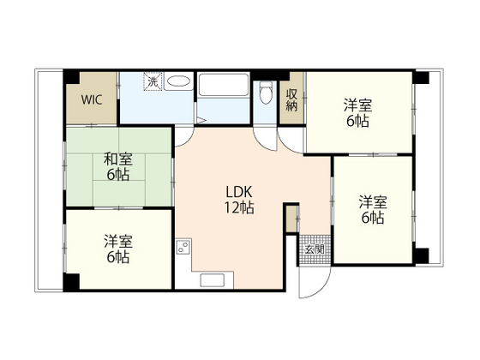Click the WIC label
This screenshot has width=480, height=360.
click(x=92, y=99)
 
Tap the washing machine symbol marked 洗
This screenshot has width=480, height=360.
click(x=152, y=83)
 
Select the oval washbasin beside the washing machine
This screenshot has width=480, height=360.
click(x=178, y=83)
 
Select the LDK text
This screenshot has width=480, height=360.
click(x=238, y=191)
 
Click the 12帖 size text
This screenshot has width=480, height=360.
click(x=239, y=207)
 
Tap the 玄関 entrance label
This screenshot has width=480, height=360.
click(x=314, y=249)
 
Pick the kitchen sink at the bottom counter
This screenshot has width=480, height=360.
click(x=212, y=279)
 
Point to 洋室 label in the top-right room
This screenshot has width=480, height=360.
click(x=357, y=105)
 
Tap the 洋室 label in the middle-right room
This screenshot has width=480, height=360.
click(x=373, y=202)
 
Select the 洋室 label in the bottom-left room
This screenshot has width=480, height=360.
click(x=117, y=241)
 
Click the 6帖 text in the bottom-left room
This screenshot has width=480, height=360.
click(x=117, y=257)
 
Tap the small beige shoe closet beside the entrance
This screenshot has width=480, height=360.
click(x=291, y=219)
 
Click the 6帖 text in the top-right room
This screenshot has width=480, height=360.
click(x=357, y=122)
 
